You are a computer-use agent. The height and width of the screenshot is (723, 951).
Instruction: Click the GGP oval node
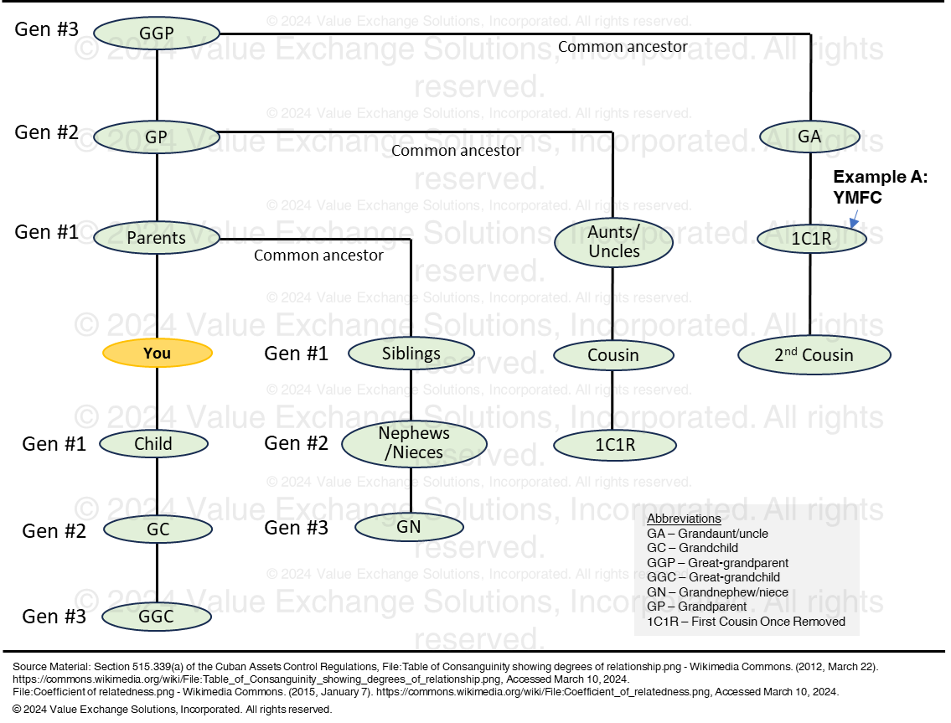[x=157, y=34]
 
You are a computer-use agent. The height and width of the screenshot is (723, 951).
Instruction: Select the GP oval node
[x=157, y=137]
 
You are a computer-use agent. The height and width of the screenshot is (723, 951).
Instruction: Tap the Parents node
[x=157, y=238]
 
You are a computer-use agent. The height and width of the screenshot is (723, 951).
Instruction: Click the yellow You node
[x=158, y=354]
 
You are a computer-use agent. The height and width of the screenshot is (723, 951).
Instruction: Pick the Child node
[x=153, y=444]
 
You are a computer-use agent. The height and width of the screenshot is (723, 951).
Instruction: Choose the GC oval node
[x=158, y=529]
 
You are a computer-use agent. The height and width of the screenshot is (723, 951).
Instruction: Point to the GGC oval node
[x=156, y=617]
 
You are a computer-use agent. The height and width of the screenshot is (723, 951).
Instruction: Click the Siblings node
[x=411, y=354]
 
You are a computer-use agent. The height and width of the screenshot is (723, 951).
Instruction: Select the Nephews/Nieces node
[x=414, y=443]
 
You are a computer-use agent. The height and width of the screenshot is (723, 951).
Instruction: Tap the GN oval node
[x=409, y=527]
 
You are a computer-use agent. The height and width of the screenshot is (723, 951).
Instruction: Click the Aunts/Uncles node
[x=614, y=242]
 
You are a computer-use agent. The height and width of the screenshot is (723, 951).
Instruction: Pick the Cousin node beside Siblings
[x=613, y=355]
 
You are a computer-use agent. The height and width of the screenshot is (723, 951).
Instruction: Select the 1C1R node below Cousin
[x=615, y=446]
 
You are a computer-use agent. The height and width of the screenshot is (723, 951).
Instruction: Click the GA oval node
[x=809, y=137]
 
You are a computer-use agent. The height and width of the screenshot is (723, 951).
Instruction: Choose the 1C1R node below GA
[x=811, y=239]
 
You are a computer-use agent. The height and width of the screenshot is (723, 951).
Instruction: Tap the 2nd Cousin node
[x=814, y=355]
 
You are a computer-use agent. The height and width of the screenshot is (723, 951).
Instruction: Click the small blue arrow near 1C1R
[x=854, y=219]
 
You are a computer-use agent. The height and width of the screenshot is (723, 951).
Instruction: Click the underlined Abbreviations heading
[x=684, y=519]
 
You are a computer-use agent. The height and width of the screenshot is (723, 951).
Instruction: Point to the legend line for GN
[x=717, y=592]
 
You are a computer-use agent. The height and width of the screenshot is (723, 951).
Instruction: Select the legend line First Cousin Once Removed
[x=746, y=622]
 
